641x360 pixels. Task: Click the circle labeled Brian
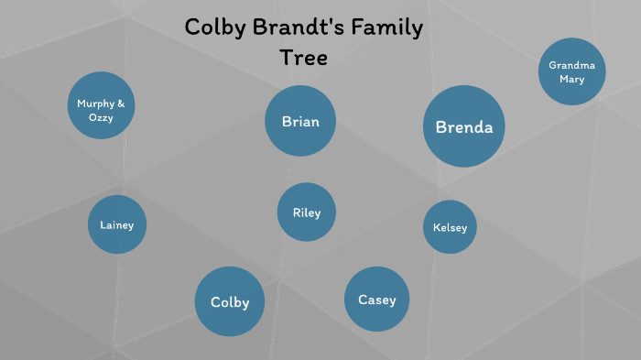coord(300,121)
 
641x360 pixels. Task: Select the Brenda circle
coord(464,126)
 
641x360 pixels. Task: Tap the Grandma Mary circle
coord(572,71)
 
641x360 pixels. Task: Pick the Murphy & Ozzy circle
coord(102,105)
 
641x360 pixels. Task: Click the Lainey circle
coord(117,224)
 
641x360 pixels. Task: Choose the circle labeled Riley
coord(307,213)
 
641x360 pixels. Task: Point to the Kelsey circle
coord(451,227)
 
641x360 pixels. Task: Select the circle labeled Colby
coord(230,301)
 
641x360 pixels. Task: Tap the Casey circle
coord(377,300)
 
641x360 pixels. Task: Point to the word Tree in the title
coord(303,57)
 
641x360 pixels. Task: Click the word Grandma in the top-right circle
coord(572,65)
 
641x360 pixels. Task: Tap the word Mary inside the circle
coord(572,79)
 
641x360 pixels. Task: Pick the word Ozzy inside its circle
coord(102,118)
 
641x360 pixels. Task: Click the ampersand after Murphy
coord(121,104)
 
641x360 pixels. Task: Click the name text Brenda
coord(464,127)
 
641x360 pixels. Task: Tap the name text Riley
coord(307,213)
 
